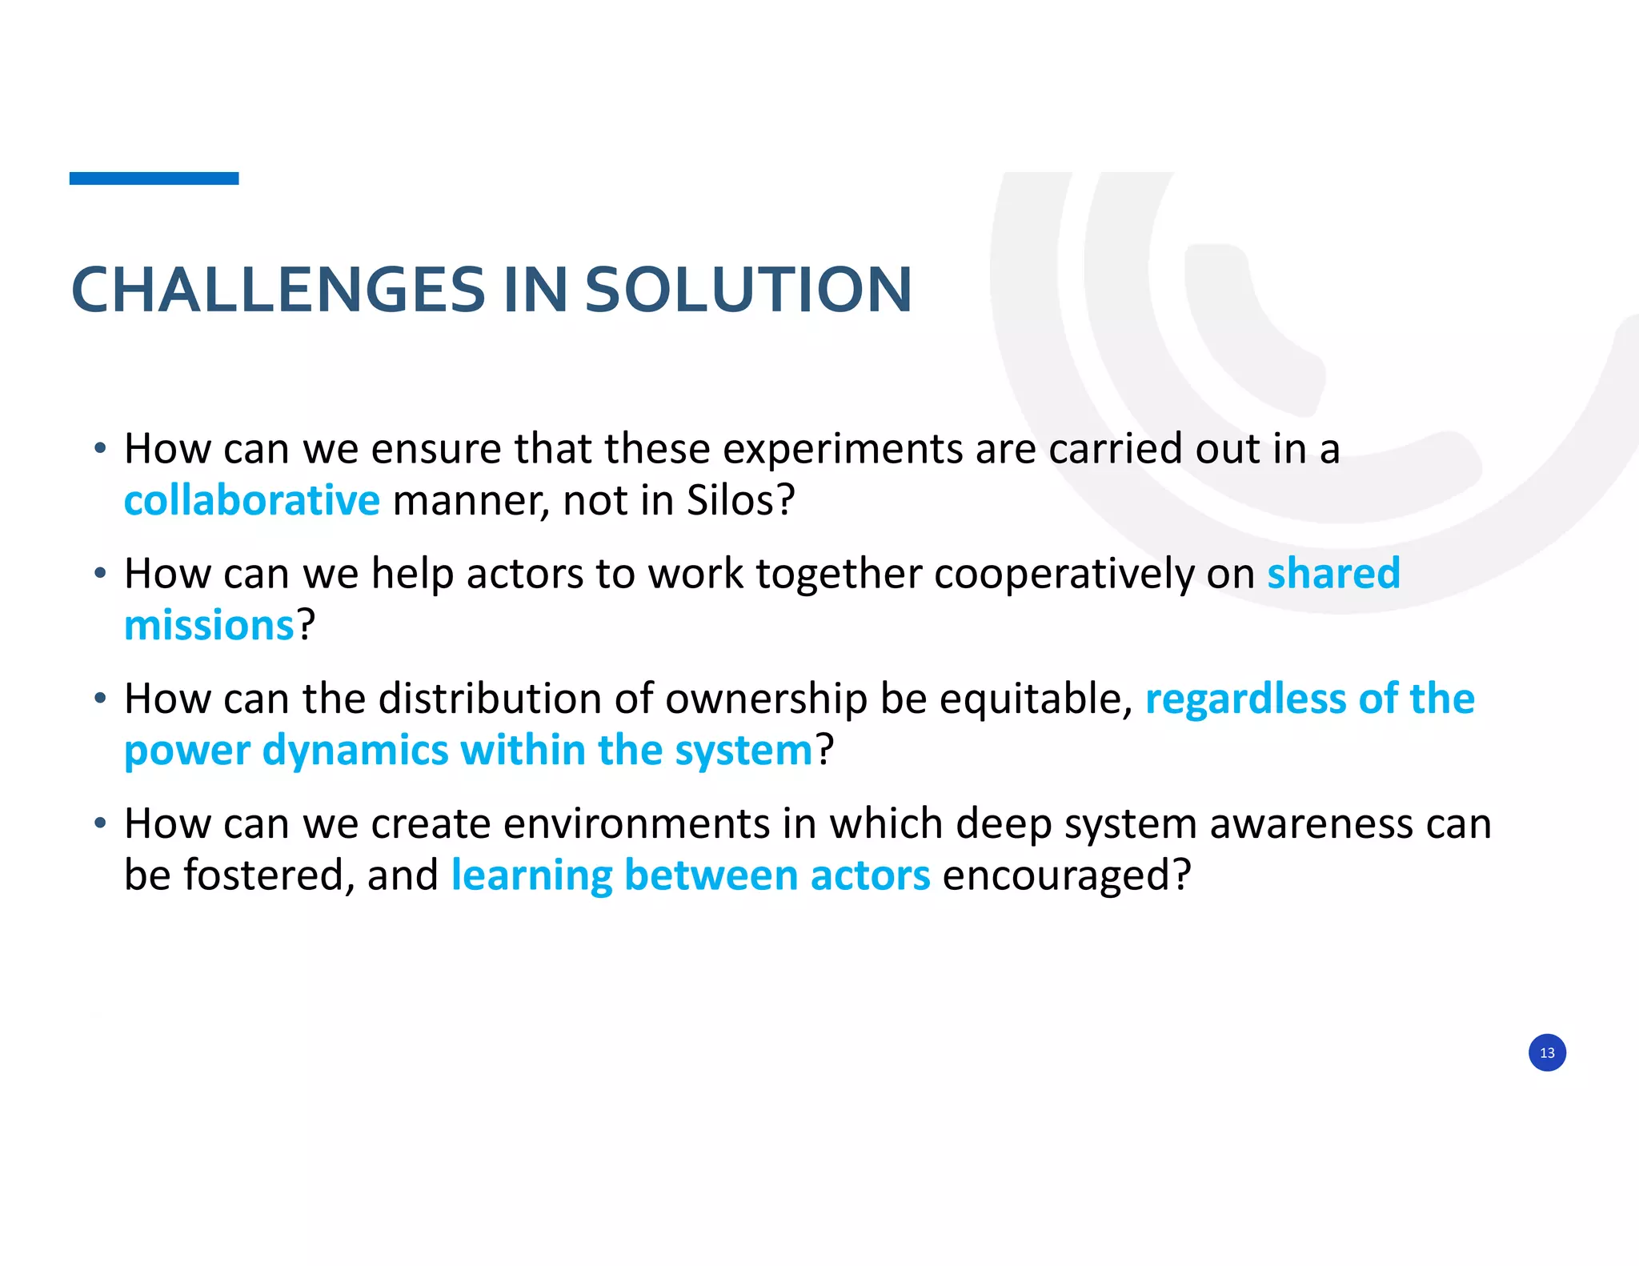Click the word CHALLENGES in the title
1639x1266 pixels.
[x=279, y=289]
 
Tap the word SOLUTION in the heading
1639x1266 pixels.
[x=748, y=289]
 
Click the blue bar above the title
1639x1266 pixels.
[x=154, y=178]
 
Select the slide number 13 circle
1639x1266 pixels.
[x=1546, y=1052]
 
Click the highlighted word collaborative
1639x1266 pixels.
[x=252, y=501]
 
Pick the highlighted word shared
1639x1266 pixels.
[x=1333, y=574]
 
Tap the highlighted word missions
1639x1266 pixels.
[x=210, y=625]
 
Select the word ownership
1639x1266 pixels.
[x=766, y=699]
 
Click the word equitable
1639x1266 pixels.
[x=1036, y=699]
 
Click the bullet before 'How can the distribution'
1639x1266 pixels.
[x=99, y=699]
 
